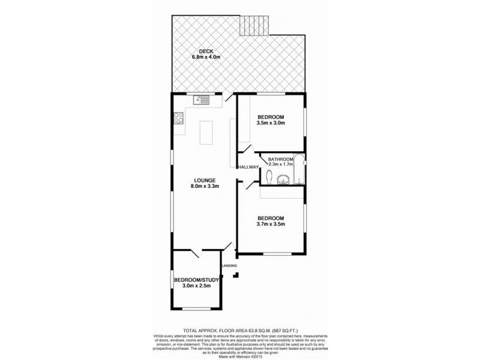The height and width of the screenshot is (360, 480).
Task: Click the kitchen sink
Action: pos(201,100)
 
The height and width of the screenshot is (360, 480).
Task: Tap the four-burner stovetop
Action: pos(178,119)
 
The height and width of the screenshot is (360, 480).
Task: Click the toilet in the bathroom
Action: pos(269,177)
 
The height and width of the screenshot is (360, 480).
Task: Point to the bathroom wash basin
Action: pos(284,178)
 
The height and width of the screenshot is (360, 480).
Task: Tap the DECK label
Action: pos(198,51)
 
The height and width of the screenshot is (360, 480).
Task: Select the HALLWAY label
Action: pos(248,167)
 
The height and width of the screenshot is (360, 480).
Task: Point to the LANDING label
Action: pos(229,265)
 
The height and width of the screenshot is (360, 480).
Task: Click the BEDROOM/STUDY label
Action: pos(196,280)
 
